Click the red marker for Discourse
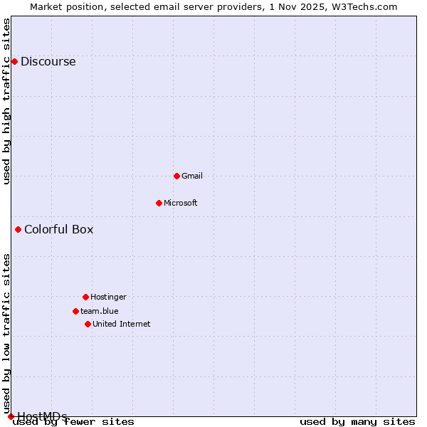(x=14, y=61)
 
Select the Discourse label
(x=48, y=61)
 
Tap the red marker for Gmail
(x=176, y=176)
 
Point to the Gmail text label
(x=192, y=176)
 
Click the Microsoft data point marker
(x=159, y=203)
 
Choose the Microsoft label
(x=180, y=203)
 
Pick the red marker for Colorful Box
(x=18, y=229)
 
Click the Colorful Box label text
(x=58, y=229)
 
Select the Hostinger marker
(x=85, y=297)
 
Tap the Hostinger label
(x=108, y=297)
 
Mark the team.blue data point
(x=75, y=311)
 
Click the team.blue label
(x=99, y=311)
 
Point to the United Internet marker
(x=88, y=324)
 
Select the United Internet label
(x=121, y=324)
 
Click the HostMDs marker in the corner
(x=11, y=416)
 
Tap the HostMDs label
(x=42, y=416)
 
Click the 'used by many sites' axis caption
(x=357, y=421)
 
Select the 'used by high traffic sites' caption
(x=6, y=101)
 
